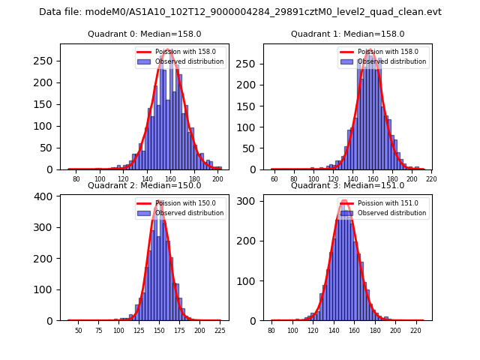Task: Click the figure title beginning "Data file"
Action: click(240, 12)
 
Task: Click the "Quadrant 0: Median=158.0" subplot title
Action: click(144, 34)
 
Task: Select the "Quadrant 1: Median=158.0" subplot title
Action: click(347, 34)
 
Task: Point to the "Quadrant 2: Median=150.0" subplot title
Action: click(144, 186)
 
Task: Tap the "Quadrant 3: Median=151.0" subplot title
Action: click(347, 186)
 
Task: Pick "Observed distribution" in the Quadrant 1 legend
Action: click(391, 62)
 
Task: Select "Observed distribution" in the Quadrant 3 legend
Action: click(391, 213)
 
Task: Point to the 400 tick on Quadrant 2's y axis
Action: click(49, 196)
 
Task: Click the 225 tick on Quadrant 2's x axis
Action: click(220, 330)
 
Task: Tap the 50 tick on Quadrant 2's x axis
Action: click(78, 330)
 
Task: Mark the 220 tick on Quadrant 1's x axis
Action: click(431, 179)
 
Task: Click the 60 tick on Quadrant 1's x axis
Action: click(274, 179)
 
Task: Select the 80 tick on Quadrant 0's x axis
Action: click(76, 179)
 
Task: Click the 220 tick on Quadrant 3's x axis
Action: click(415, 330)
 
